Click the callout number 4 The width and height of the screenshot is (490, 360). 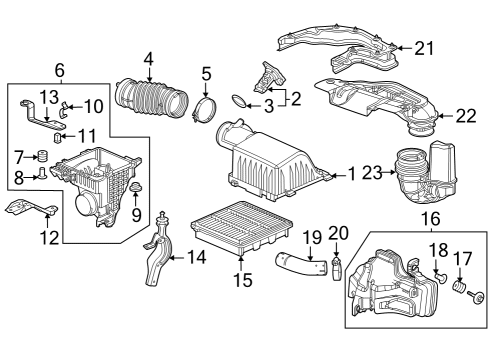tap(148, 59)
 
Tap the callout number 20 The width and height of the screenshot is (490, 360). tap(337, 234)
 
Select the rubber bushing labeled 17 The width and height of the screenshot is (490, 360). tap(461, 290)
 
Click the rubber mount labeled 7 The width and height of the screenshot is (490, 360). tap(43, 156)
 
